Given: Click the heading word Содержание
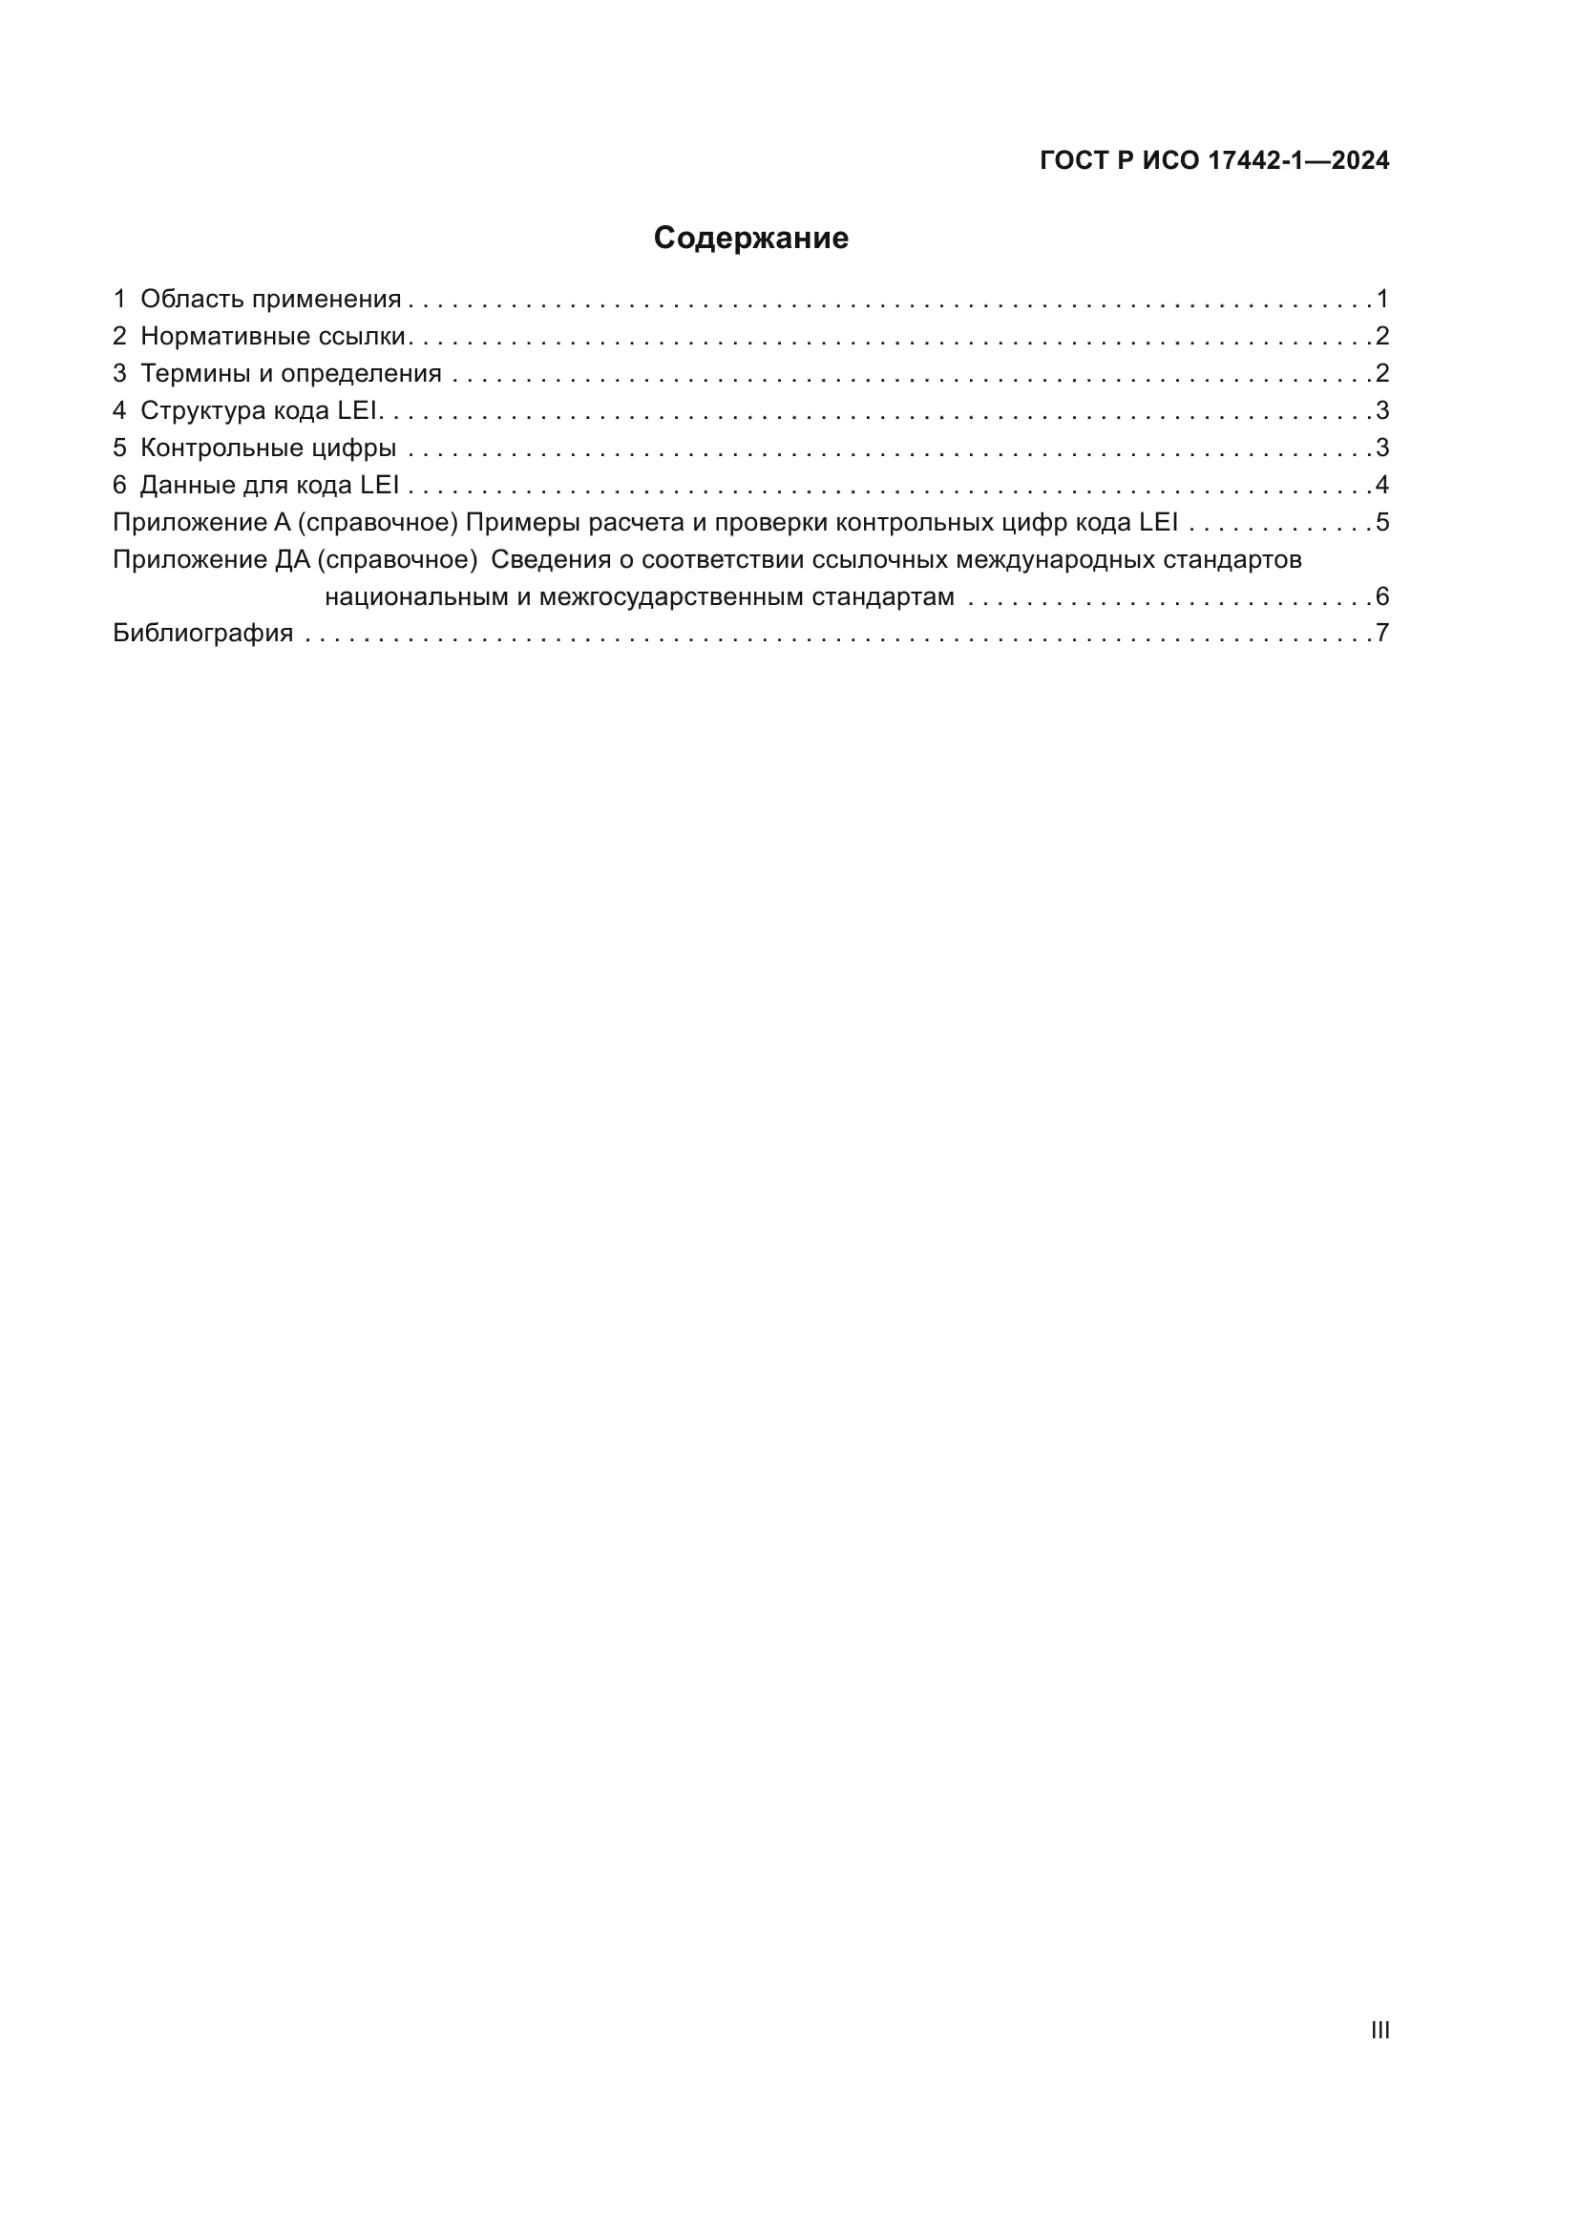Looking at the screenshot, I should [750, 239].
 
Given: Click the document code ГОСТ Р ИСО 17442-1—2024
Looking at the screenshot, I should [1214, 160].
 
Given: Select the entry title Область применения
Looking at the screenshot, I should [270, 300].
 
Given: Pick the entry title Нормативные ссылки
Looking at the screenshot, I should [272, 336].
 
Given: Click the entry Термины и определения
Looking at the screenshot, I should [291, 373].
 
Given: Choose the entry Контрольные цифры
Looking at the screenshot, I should [268, 448].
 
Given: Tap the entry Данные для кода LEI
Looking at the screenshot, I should [269, 485].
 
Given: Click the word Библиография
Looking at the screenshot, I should [203, 634].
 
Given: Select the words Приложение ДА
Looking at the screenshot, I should [211, 560].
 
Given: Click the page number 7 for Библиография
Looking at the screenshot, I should [1382, 634].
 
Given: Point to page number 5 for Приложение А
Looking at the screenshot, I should [1382, 523].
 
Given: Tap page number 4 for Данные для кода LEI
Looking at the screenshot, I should [1382, 485].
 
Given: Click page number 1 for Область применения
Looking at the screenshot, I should [1382, 300].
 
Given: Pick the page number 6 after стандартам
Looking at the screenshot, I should [1382, 596].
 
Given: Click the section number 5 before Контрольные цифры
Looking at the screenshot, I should [119, 448].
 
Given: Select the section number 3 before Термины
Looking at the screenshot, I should [119, 373].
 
